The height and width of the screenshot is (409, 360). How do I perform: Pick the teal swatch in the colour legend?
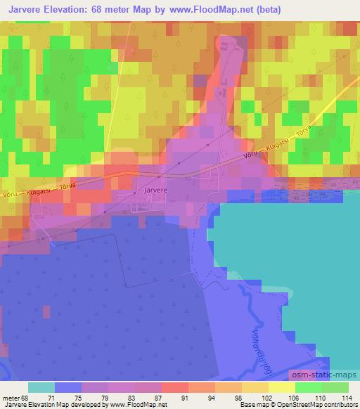[41, 387]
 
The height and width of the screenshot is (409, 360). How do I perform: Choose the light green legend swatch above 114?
[335, 387]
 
